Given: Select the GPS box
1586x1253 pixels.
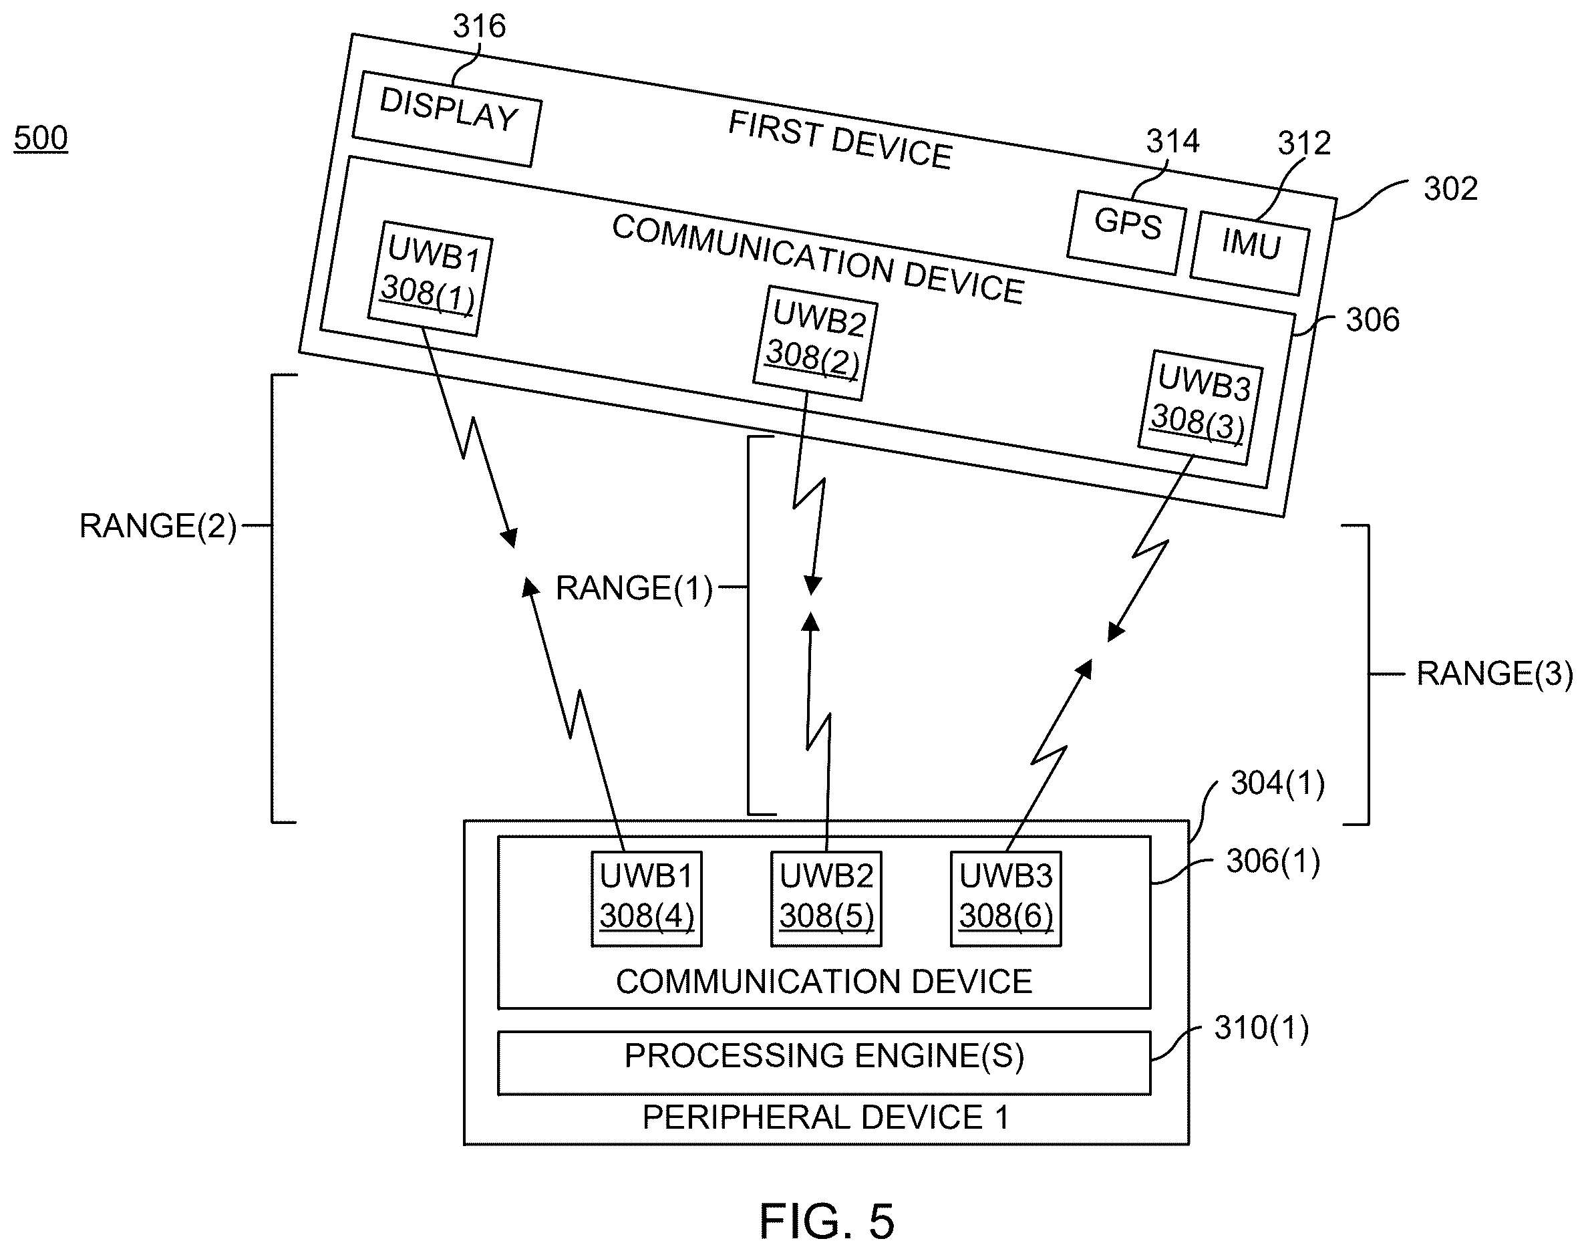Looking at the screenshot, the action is pyautogui.click(x=1127, y=232).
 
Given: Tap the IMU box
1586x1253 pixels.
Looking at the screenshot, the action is pyautogui.click(x=1250, y=253).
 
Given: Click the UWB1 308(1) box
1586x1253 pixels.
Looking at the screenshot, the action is pyautogui.click(x=430, y=279).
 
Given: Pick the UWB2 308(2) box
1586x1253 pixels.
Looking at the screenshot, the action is pyautogui.click(x=815, y=343).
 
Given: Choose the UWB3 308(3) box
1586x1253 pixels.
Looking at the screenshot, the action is pyautogui.click(x=1201, y=407).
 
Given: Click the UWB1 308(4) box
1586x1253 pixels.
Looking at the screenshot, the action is pyautogui.click(x=647, y=899).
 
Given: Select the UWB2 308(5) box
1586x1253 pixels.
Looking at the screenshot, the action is pyautogui.click(x=826, y=899).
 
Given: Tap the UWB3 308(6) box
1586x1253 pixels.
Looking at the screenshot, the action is pyautogui.click(x=1006, y=899).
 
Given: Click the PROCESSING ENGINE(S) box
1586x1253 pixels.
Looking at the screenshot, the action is pyautogui.click(x=824, y=1063).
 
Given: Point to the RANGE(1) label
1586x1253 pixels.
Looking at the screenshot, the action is pyautogui.click(x=634, y=588).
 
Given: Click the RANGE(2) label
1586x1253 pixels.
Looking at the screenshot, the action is pyautogui.click(x=158, y=526).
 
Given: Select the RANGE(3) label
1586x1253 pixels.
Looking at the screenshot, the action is pyautogui.click(x=1494, y=674).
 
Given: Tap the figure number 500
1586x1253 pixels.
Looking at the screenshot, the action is pyautogui.click(x=41, y=138).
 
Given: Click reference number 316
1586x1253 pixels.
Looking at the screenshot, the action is pyautogui.click(x=480, y=27).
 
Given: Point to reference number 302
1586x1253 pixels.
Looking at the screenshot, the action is pyautogui.click(x=1450, y=189).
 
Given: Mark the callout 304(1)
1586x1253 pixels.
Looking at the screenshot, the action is pyautogui.click(x=1277, y=783).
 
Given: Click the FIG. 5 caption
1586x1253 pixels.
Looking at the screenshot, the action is pyautogui.click(x=826, y=1221).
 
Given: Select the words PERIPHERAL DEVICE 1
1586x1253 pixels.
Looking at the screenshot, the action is pyautogui.click(x=826, y=1117).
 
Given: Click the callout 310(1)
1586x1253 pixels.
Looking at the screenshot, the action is pyautogui.click(x=1261, y=1028).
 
